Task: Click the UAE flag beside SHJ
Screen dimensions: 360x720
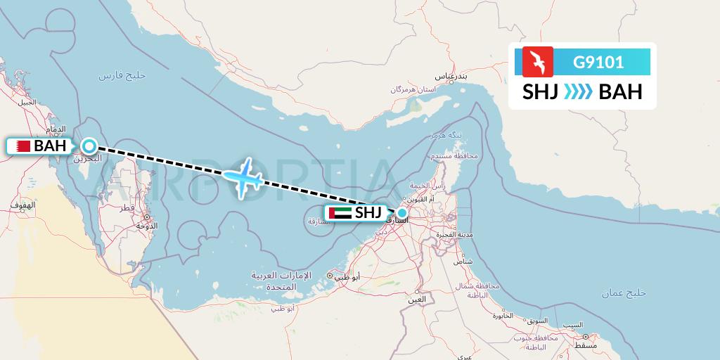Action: (x=340, y=212)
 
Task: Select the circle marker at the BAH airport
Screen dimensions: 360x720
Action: (x=89, y=146)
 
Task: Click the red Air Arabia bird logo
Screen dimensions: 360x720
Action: (x=537, y=61)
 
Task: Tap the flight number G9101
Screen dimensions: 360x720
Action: (x=598, y=62)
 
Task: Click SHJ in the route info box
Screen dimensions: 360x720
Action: (x=541, y=93)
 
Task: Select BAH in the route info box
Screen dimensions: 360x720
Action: (x=620, y=93)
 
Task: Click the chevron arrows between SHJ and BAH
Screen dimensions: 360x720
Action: (x=579, y=93)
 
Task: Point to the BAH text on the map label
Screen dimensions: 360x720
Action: (x=49, y=146)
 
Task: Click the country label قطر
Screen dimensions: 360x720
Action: (x=127, y=209)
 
